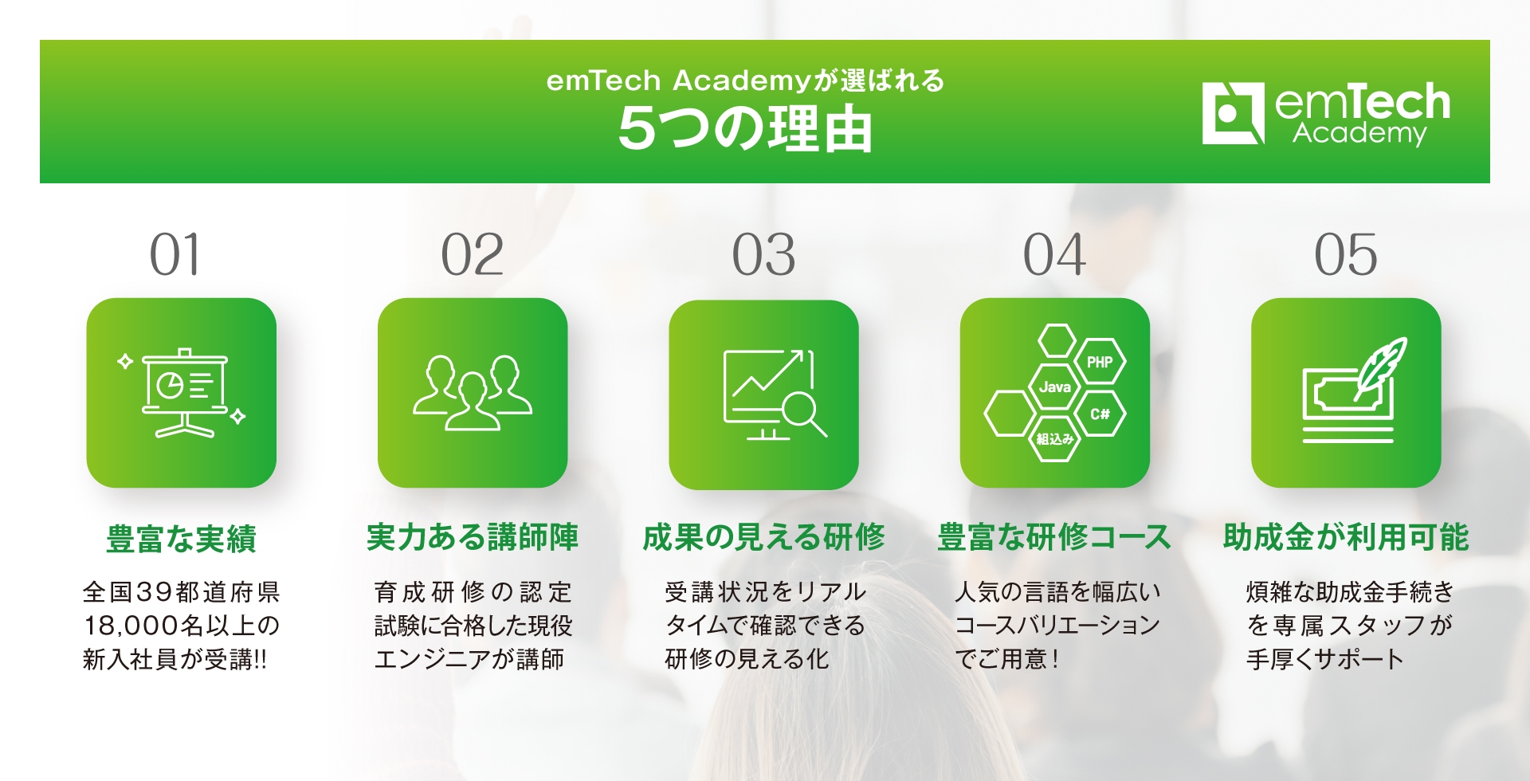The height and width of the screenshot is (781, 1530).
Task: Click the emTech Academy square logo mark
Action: click(1232, 113)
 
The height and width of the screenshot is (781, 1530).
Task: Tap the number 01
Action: click(175, 255)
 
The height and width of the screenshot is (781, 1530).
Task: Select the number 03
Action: click(763, 255)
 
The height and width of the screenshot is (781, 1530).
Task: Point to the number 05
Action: click(1345, 255)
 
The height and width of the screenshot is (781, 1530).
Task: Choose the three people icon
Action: click(473, 392)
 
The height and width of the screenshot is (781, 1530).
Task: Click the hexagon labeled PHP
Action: click(1100, 362)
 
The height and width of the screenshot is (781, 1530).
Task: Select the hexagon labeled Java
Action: click(1054, 387)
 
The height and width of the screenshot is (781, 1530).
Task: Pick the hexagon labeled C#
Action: click(1100, 414)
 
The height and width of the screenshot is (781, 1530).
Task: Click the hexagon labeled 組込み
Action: click(1054, 439)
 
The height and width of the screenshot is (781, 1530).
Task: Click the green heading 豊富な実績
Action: click(181, 539)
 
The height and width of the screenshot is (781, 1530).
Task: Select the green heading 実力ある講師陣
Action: click(473, 537)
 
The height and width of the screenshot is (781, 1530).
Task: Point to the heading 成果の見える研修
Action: click(763, 537)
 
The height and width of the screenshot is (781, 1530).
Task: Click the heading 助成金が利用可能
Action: click(1346, 537)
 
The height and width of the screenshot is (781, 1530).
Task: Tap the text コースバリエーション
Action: click(1057, 626)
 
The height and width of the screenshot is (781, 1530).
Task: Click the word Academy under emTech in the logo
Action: click(1359, 133)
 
